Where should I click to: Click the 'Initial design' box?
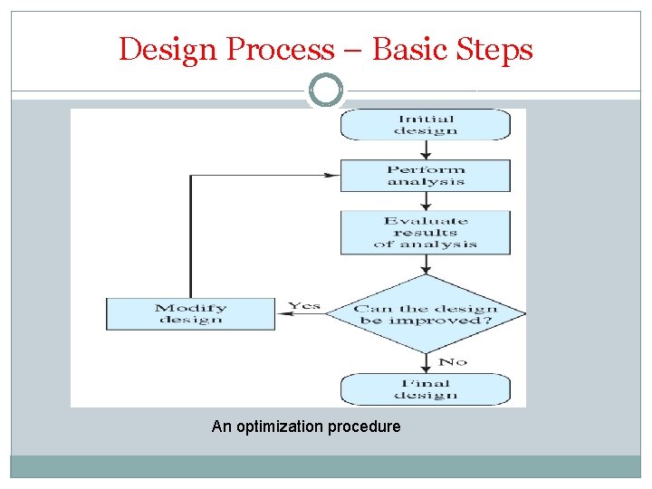tap(425, 125)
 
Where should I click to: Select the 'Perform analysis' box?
tap(425, 176)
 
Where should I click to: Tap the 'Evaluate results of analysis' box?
tap(425, 233)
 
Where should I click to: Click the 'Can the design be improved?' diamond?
tap(425, 314)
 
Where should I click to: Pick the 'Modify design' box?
tap(190, 314)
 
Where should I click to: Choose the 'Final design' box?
tap(425, 389)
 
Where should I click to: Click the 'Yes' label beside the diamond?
tap(304, 306)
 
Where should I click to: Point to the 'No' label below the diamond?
tap(452, 362)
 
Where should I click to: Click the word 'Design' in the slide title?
tap(169, 50)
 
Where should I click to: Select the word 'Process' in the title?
tap(280, 50)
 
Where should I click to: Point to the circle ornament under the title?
tap(326, 91)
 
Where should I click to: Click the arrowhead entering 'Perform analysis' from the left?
tap(332, 176)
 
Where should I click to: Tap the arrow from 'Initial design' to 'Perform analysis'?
tap(425, 149)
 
